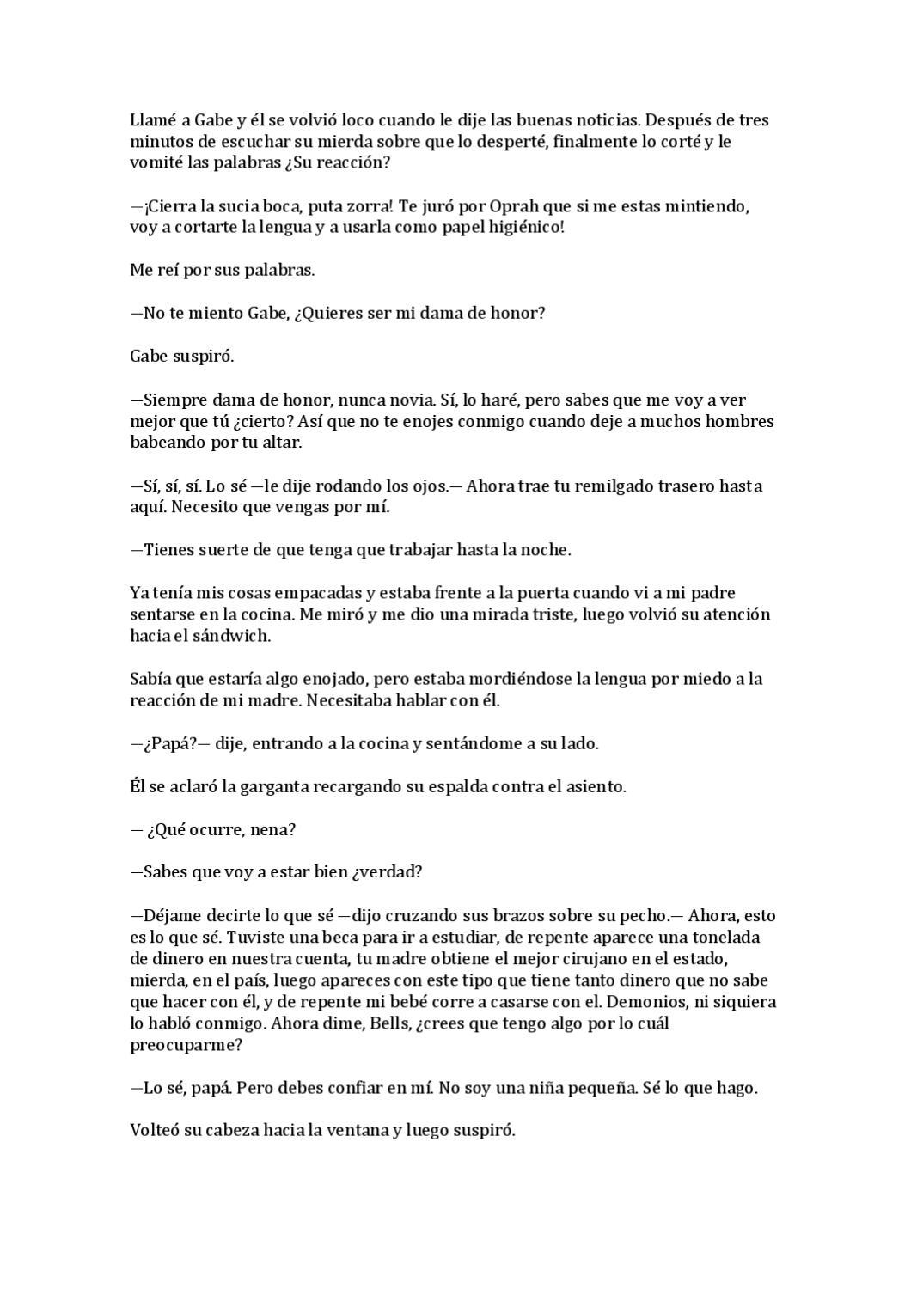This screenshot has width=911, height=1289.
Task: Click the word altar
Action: (278, 443)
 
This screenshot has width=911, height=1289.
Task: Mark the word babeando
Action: (167, 443)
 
